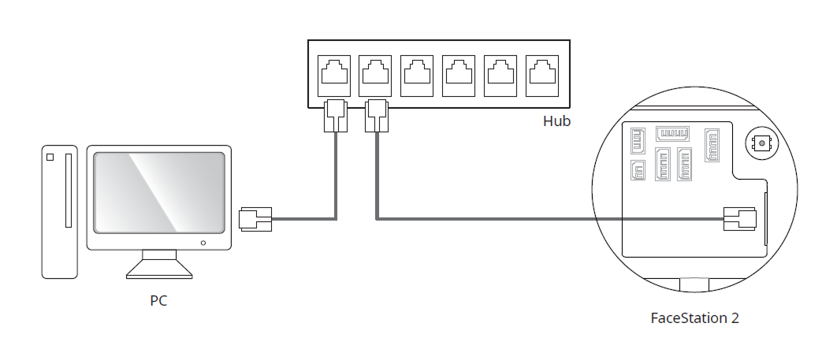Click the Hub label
tap(556, 121)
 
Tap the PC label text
tap(158, 300)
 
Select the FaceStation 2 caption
tap(694, 318)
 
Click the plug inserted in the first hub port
tap(335, 116)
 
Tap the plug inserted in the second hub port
tap(377, 116)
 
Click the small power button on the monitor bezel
tap(203, 243)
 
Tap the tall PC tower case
tap(60, 211)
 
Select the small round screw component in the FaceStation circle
tap(761, 144)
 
